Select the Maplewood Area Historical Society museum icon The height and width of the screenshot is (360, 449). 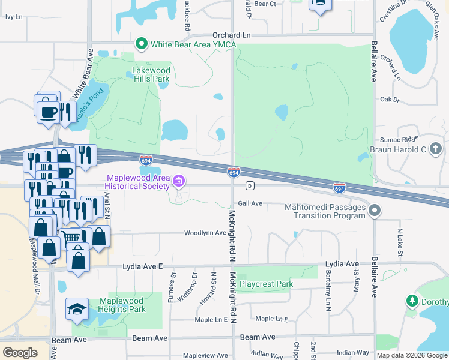point(178,181)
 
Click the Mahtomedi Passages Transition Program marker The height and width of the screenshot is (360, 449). point(375,210)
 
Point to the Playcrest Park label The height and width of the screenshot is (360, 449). point(266,284)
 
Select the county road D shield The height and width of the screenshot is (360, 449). point(249,185)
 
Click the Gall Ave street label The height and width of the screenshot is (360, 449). point(250,203)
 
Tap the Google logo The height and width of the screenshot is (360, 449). point(20,353)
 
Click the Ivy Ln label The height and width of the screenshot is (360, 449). point(13,17)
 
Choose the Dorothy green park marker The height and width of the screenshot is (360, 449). point(412,300)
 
